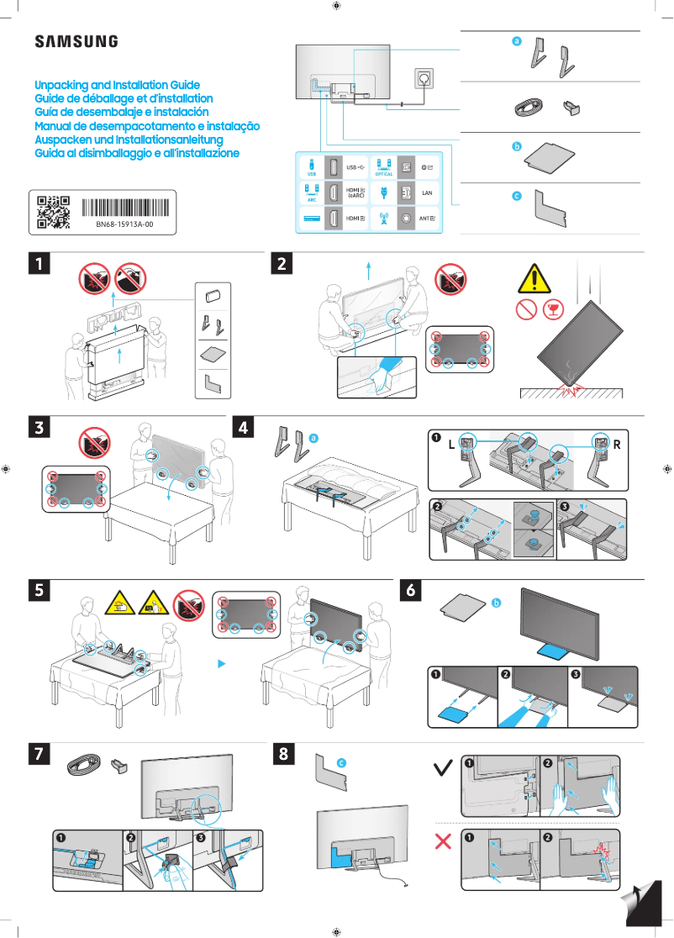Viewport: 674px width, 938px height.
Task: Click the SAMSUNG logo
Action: (x=76, y=41)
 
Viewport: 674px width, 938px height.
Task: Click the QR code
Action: (x=53, y=213)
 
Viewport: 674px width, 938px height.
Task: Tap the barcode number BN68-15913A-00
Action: (x=124, y=226)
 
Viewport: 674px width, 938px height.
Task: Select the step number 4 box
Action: (x=243, y=427)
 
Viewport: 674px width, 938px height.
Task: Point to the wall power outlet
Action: (x=423, y=81)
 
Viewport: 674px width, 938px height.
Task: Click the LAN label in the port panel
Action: (x=426, y=192)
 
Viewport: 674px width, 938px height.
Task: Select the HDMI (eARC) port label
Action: (x=355, y=192)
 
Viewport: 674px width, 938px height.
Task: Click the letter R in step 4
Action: (x=617, y=445)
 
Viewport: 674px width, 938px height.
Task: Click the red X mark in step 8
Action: (x=444, y=842)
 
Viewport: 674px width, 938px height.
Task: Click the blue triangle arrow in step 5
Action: (x=222, y=663)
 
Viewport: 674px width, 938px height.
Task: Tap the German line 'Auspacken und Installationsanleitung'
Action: (x=128, y=140)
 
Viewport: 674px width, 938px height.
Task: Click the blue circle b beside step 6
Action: (x=496, y=603)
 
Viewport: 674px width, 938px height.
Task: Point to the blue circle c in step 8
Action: (x=341, y=761)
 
